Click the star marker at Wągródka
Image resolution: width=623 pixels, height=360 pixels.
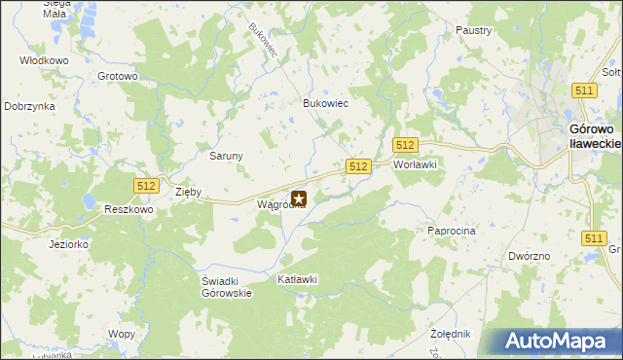coord(299,199)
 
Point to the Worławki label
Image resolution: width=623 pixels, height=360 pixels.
coord(414,164)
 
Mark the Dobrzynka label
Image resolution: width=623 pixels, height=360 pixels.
coord(28,106)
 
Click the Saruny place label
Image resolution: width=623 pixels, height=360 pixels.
coord(227,155)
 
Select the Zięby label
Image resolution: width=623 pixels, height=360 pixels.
coord(188,192)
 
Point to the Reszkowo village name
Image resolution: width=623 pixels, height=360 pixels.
coord(129,209)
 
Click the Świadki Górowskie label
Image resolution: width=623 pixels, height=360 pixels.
coord(227,286)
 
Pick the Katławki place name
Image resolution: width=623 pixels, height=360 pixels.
coord(298,279)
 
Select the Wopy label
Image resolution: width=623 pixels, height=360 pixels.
coord(122,334)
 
